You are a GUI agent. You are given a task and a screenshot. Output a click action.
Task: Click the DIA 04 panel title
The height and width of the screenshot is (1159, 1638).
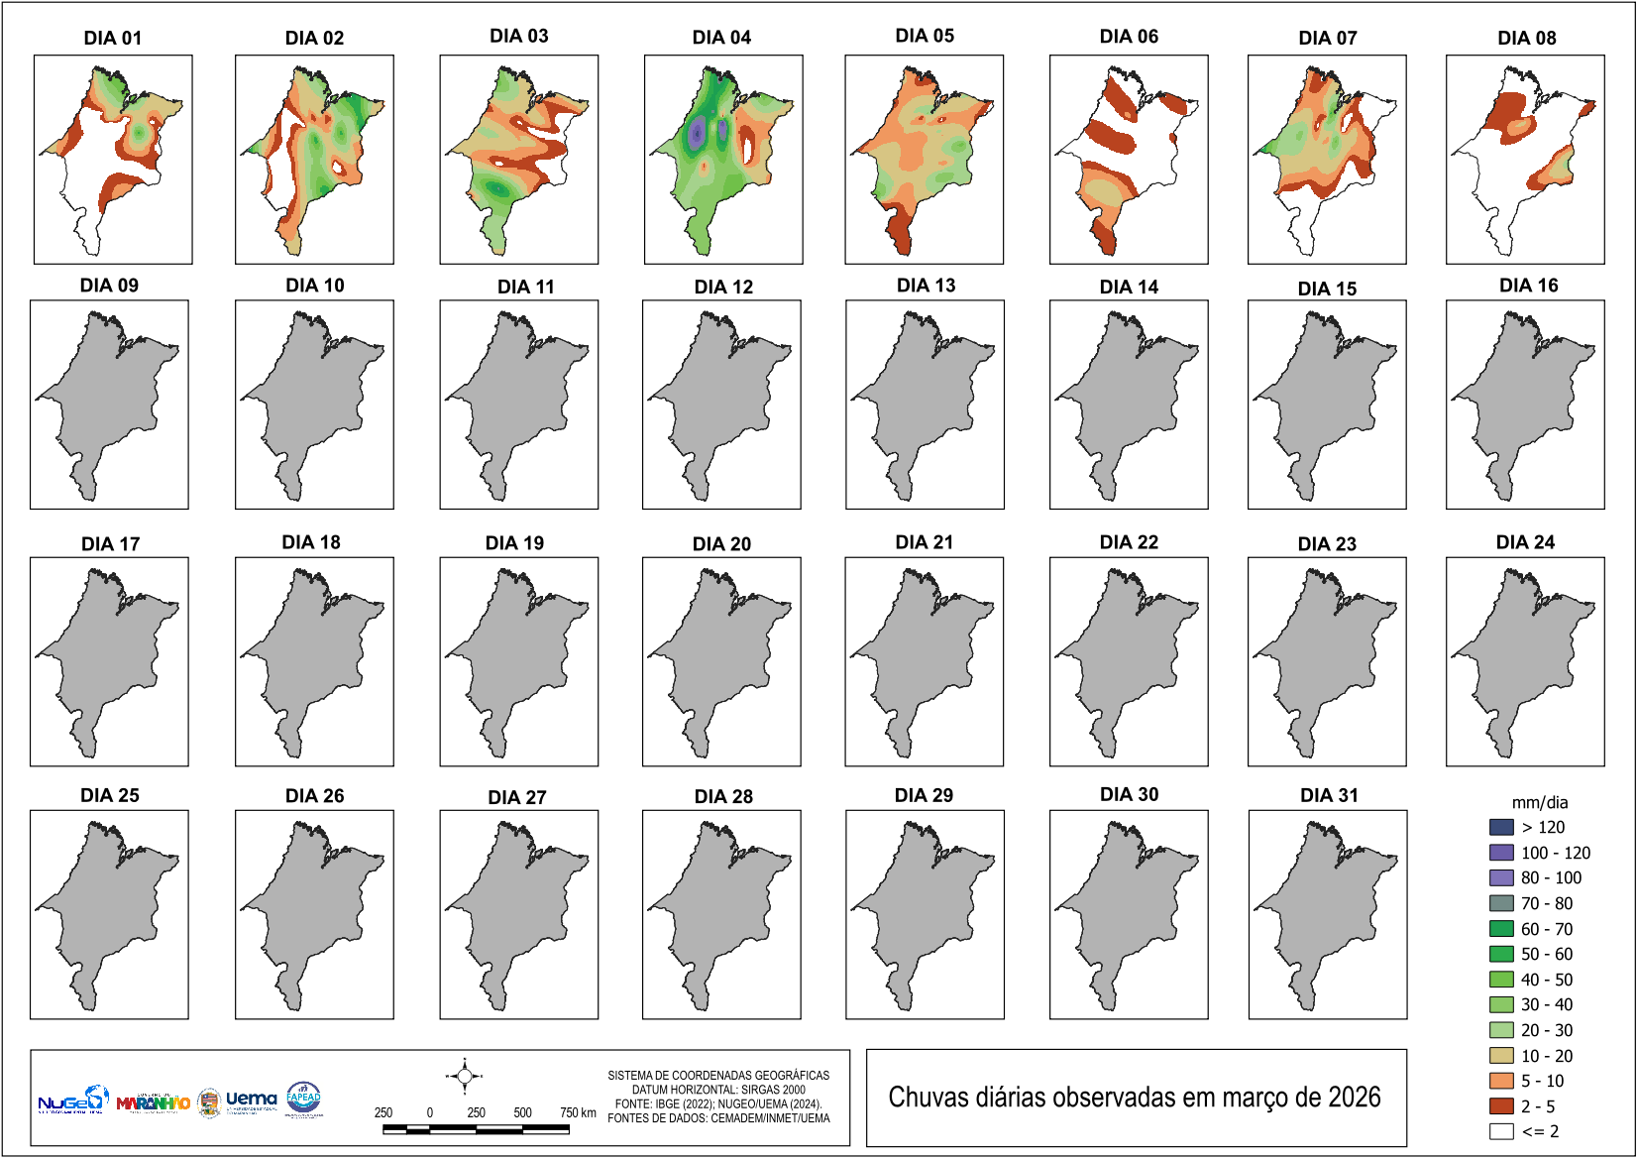(721, 38)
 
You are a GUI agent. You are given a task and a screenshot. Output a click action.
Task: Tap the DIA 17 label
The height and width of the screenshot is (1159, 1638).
(110, 544)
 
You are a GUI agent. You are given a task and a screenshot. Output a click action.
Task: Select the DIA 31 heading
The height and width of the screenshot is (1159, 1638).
(1329, 795)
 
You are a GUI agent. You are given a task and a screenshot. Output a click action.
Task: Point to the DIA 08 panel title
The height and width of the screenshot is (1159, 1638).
(1526, 39)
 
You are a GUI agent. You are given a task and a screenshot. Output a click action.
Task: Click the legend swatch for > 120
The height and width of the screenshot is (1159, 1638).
(1501, 827)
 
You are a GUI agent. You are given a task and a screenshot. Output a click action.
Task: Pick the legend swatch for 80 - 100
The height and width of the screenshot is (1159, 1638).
(1501, 877)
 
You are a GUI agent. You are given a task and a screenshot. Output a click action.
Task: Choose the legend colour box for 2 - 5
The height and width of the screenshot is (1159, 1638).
(1501, 1106)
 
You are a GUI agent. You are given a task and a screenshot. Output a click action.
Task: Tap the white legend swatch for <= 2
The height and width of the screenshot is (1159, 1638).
(1501, 1131)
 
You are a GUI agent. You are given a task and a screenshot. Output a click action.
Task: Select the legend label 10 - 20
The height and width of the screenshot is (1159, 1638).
(1546, 1056)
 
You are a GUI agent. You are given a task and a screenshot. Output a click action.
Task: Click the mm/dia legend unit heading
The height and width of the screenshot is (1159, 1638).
(1539, 803)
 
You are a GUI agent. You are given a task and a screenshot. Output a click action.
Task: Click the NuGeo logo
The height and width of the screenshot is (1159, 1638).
(71, 1101)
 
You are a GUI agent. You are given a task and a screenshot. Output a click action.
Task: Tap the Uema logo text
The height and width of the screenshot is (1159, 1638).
(251, 1099)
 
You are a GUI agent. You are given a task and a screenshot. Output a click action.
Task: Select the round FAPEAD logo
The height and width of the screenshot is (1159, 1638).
(303, 1098)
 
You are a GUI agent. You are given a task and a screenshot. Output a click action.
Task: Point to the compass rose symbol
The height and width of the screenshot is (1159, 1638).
(464, 1076)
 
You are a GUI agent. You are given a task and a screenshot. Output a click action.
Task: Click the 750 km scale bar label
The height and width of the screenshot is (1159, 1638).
(577, 1112)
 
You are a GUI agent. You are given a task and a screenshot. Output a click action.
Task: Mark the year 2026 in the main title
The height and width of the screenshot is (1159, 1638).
(1354, 1098)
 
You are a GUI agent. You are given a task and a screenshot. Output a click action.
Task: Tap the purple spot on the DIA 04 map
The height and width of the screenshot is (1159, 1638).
(698, 131)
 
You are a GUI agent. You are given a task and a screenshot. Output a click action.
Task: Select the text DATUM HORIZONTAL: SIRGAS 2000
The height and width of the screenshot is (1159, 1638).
(718, 1090)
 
